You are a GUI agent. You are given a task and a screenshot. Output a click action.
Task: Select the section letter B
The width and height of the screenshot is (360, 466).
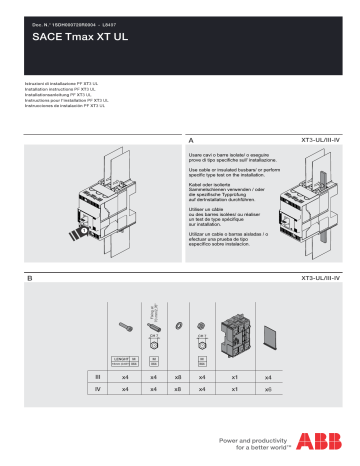[x=30, y=277]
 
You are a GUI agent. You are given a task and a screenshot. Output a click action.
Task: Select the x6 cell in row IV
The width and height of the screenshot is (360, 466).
[x=267, y=387]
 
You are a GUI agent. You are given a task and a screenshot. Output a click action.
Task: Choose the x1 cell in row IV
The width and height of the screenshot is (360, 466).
[x=235, y=387]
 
